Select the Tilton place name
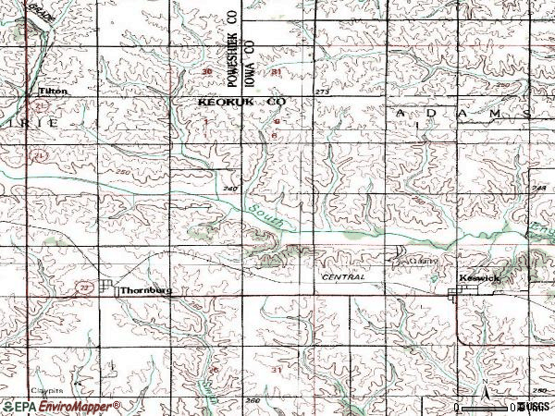tap(50, 92)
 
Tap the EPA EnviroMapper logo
tap(61, 407)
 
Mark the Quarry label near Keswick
tap(424, 263)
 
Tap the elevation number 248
tap(540, 188)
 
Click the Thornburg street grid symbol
tap(108, 288)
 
